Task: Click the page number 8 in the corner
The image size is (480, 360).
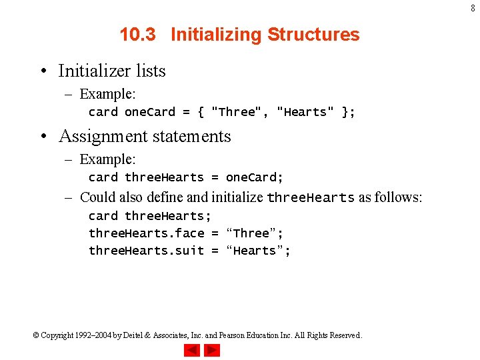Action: click(x=473, y=8)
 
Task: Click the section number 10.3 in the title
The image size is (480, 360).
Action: click(x=138, y=35)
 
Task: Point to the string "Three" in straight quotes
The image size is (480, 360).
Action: click(x=237, y=112)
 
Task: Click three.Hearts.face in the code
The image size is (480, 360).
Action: click(x=147, y=233)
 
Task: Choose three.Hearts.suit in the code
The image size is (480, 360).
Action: click(x=147, y=251)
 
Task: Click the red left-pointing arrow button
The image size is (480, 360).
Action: click(x=192, y=349)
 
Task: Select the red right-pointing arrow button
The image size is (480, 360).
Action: click(x=212, y=349)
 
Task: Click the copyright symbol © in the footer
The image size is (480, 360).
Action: click(x=36, y=335)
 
